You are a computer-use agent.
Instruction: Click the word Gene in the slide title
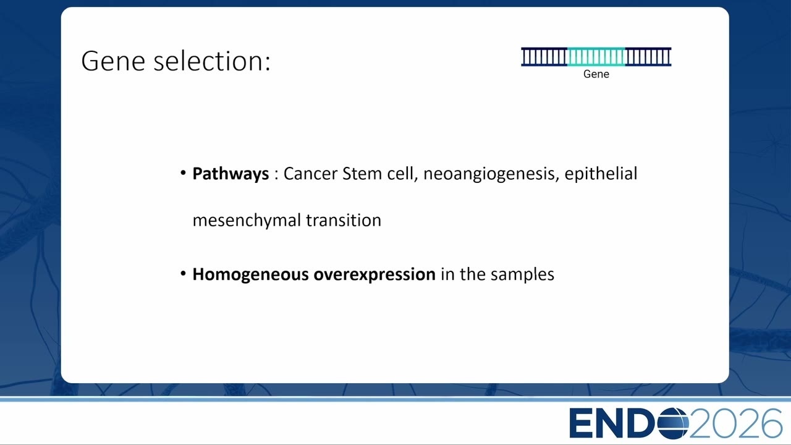[113, 61]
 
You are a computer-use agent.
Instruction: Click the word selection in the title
[209, 61]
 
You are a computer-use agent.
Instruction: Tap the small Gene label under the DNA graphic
[596, 74]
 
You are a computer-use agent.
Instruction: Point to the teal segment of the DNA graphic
[596, 57]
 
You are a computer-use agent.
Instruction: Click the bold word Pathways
[231, 174]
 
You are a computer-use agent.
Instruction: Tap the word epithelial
[601, 174]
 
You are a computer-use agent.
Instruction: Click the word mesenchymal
[247, 221]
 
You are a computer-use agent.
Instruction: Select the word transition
[344, 220]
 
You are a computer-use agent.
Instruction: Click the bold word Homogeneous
[250, 275]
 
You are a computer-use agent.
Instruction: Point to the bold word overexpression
[374, 275]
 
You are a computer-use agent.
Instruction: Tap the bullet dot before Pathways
[183, 173]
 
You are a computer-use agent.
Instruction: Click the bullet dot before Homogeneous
[183, 274]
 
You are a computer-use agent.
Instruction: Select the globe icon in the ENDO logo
[673, 423]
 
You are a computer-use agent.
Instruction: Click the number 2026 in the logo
[735, 423]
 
